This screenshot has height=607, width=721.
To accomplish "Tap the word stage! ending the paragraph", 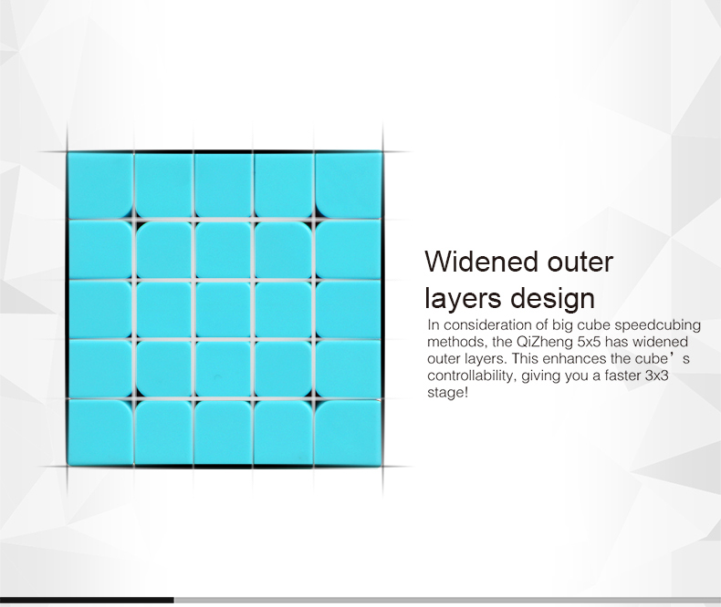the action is click(447, 393).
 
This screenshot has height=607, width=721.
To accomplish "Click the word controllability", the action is click(472, 376).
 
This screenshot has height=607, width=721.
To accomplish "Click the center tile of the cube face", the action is click(223, 309).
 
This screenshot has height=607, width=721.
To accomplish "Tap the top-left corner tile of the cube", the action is click(99, 185).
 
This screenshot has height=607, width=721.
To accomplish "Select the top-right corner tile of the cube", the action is click(349, 185).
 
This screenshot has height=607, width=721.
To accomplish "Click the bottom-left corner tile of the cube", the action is click(99, 433).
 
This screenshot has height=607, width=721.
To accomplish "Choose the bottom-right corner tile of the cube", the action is click(349, 433).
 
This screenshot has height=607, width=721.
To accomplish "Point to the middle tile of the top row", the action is click(223, 185).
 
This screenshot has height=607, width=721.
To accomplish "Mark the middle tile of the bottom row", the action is click(223, 432).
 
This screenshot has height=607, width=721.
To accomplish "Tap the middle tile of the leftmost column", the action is click(99, 309).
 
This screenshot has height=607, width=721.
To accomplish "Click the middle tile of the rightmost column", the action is click(348, 309).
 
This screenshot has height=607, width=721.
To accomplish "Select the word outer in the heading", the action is click(580, 262).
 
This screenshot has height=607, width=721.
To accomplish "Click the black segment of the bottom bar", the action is click(87, 600).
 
